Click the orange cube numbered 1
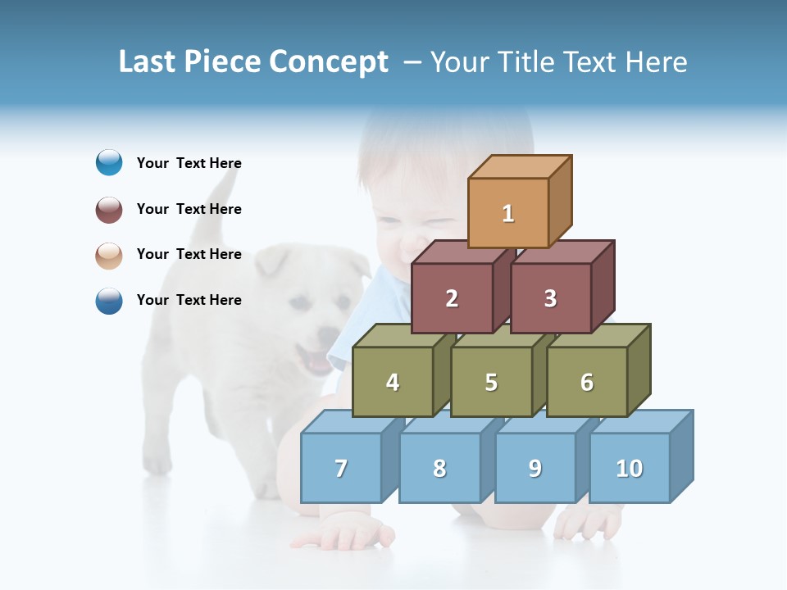tap(508, 213)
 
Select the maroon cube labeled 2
tap(452, 298)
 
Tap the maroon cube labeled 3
tap(550, 298)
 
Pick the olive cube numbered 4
tap(393, 382)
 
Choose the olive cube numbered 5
tap(491, 382)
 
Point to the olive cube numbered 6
tap(587, 382)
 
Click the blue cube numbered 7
tap(341, 468)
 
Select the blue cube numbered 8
tap(439, 468)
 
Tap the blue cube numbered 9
tap(535, 468)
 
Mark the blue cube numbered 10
tap(630, 468)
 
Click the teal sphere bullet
tap(109, 163)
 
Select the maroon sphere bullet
tap(109, 209)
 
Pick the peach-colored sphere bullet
tap(109, 255)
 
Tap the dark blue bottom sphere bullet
tap(109, 301)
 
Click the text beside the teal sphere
tap(189, 163)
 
